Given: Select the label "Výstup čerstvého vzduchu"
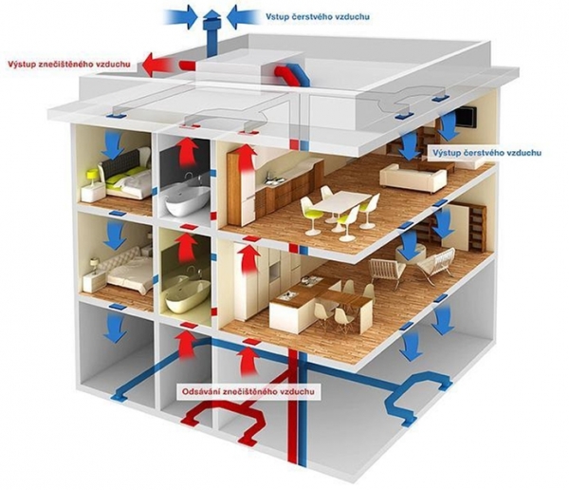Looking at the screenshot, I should (486, 152).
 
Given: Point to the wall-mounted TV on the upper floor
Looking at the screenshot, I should (466, 116).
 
